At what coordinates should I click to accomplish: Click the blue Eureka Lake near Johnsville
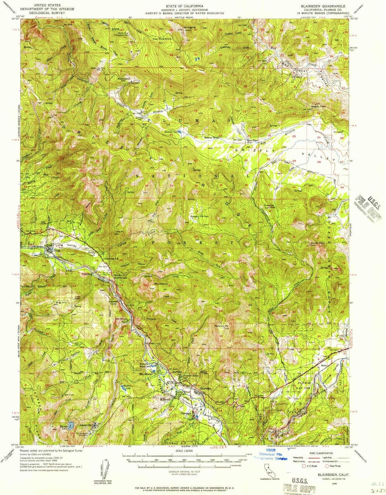[x=70, y=426]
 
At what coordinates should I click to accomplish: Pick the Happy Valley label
[x=199, y=216]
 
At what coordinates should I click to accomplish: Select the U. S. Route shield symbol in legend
[x=304, y=466]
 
